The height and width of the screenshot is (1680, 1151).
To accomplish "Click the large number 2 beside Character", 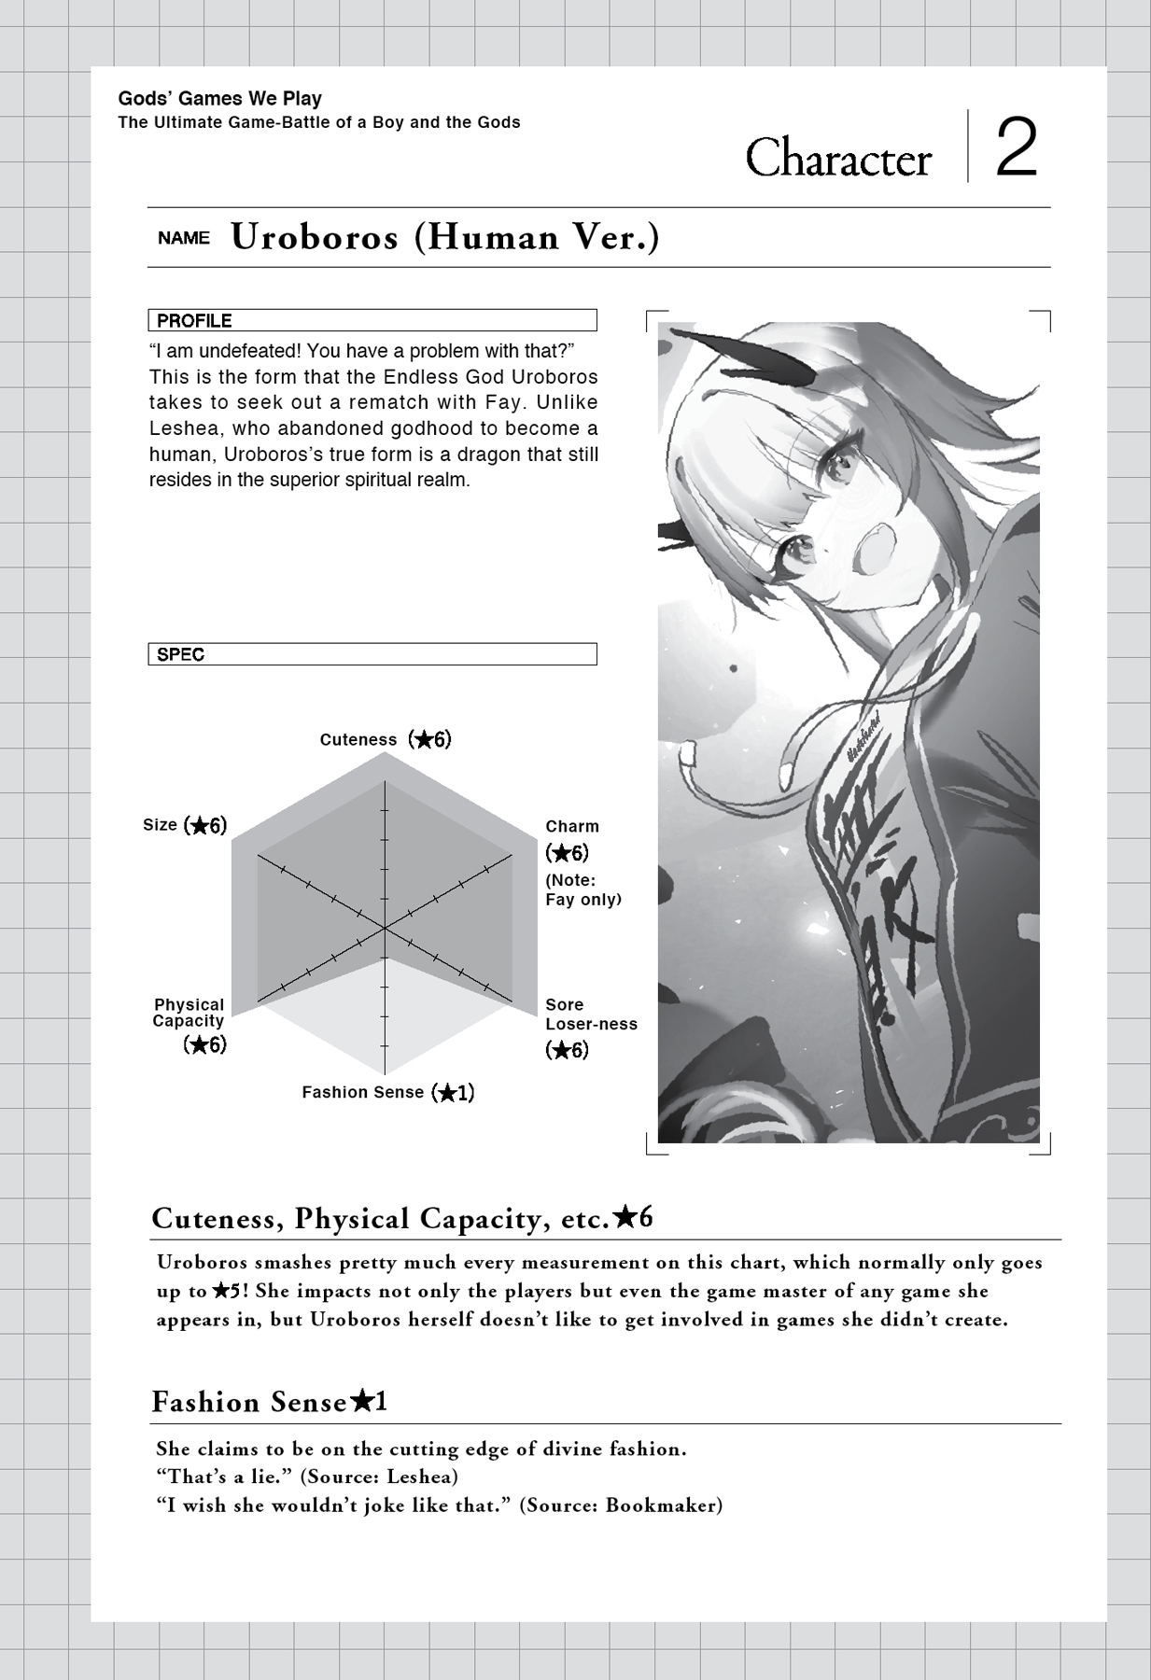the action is point(1017,148).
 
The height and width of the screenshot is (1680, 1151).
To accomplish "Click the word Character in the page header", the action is point(837,158).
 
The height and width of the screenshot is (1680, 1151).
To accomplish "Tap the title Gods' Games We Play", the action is point(219,99).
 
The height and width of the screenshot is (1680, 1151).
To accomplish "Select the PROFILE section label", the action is point(194,321).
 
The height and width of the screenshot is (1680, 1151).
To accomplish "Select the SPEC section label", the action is point(180,655).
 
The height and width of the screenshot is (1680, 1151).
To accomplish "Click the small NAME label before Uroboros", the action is point(184,239).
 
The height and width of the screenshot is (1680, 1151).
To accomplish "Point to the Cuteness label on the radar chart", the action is point(358,740).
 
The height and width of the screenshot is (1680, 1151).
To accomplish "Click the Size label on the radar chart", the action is point(160,825).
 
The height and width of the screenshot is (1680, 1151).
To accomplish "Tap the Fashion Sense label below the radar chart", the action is point(362,1093).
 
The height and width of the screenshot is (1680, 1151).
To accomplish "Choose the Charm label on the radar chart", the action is point(572,827).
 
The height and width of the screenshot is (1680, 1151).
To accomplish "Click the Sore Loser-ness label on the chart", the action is point(590,1015).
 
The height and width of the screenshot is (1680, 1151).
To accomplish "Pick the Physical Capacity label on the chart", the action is point(189,1013).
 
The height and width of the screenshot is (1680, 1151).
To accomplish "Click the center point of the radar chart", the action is point(385,929).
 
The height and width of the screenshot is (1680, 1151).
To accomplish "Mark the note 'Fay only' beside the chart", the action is point(583,900).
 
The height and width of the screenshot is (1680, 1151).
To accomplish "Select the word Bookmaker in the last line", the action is point(663,1505).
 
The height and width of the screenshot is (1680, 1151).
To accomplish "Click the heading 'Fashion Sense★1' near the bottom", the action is point(269,1403).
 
